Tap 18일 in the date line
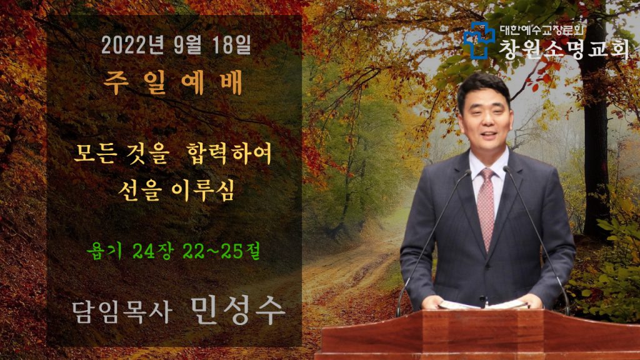click(231, 45)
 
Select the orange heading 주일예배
click(172, 82)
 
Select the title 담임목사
click(122, 312)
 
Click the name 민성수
click(237, 310)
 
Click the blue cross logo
click(479, 40)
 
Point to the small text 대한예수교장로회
click(542, 30)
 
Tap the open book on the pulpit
click(483, 304)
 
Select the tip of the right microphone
click(507, 168)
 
